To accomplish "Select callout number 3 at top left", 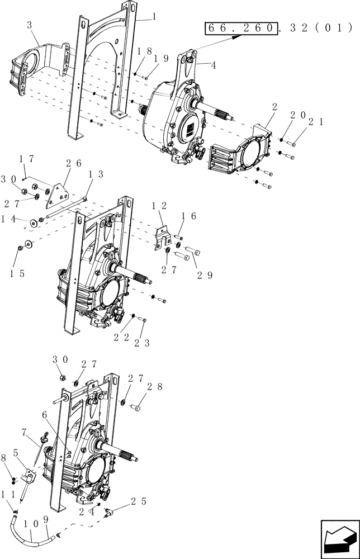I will pos(30,26).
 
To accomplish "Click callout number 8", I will pos(6,457).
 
